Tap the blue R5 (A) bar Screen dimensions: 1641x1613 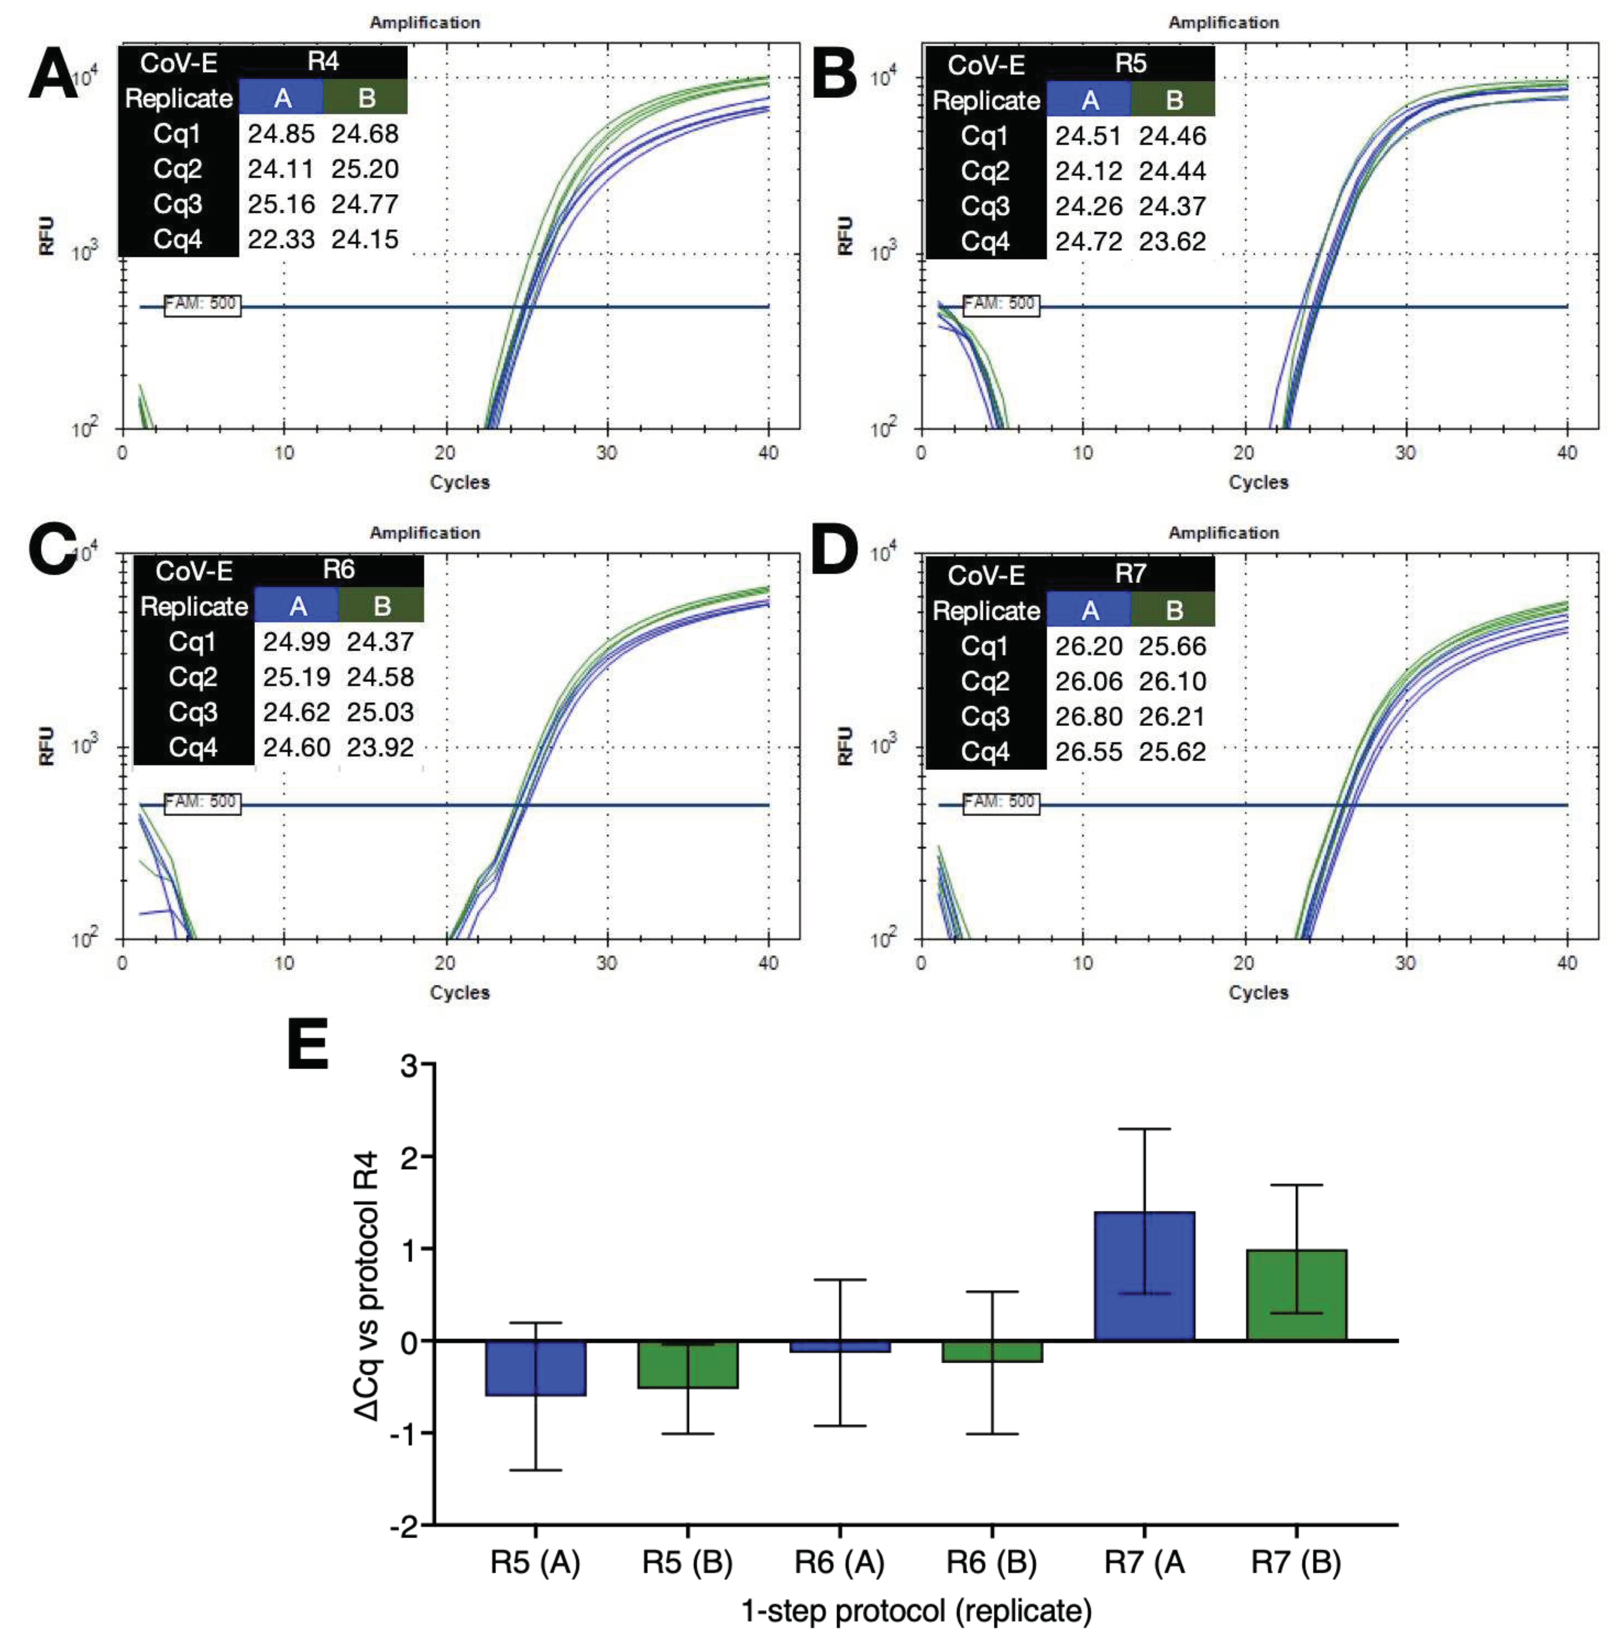(536, 1367)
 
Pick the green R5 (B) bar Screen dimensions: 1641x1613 (687, 1364)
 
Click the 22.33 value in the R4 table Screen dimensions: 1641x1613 (281, 240)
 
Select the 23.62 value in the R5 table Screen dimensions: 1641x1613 (1172, 242)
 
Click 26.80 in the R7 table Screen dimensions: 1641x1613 (1088, 717)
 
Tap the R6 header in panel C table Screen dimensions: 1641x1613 (338, 570)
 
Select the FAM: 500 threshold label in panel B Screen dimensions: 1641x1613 (1001, 303)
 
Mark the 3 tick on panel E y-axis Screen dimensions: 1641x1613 (410, 1065)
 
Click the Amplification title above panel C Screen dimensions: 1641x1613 (425, 533)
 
